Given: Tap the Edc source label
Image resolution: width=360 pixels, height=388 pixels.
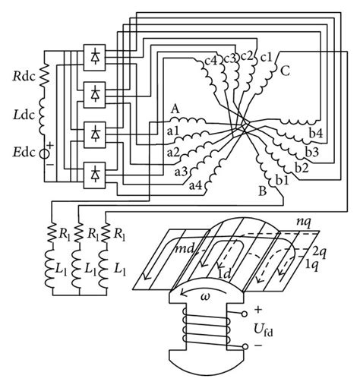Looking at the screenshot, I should (22, 153).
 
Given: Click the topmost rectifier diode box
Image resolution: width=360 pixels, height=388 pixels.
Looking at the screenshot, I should (96, 58).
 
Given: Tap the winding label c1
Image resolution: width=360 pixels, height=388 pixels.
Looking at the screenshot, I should (267, 57).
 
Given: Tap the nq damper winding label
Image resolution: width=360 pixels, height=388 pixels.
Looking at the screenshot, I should (305, 224).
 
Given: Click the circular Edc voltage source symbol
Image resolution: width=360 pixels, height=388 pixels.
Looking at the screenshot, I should (45, 153).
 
